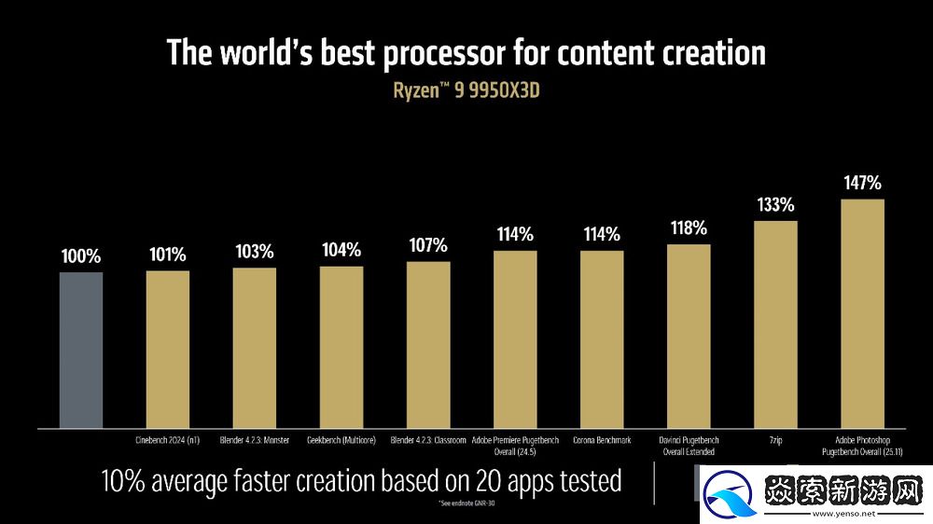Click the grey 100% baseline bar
[81, 350]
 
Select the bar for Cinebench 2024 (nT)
[168, 349]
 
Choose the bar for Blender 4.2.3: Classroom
[428, 344]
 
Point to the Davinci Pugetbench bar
[689, 336]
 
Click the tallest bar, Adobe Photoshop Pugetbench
[862, 313]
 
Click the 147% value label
[862, 183]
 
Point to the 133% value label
[775, 204]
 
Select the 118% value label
[689, 228]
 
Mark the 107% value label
[428, 245]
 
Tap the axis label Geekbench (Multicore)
[341, 440]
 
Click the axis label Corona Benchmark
[602, 440]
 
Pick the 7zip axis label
[775, 440]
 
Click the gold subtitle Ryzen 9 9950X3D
[466, 91]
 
